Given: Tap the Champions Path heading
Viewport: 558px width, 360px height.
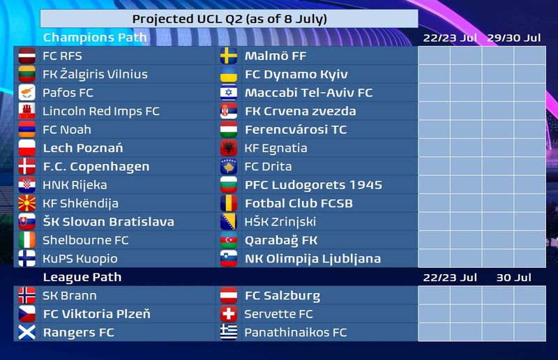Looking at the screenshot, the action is [x=95, y=38].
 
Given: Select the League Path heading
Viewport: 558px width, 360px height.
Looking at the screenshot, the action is [x=82, y=277].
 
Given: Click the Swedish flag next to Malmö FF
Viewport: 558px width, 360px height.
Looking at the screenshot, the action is [x=229, y=56].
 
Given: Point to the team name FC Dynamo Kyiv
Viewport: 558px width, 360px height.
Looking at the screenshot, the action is [x=296, y=75].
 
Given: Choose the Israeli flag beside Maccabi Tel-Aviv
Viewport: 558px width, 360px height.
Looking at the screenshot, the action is [x=229, y=93].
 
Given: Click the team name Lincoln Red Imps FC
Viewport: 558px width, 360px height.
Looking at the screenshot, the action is [x=101, y=111].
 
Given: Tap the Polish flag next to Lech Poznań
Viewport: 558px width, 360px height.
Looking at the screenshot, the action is [x=27, y=148].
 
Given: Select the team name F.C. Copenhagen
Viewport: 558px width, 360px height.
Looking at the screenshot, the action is [x=96, y=167].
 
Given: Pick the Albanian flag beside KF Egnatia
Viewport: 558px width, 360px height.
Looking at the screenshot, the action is [x=229, y=148].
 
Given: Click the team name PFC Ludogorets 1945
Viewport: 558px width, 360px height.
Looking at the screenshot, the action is [x=313, y=185].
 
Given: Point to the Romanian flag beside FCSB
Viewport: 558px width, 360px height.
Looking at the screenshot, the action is [x=229, y=203].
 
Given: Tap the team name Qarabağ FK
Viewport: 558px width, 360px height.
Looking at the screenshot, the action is [x=281, y=241].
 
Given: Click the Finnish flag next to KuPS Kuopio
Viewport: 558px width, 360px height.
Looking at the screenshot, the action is [x=27, y=259].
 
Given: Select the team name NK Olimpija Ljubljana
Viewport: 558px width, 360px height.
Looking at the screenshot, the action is [x=312, y=259].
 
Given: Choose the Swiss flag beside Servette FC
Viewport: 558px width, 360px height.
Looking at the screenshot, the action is [x=229, y=314].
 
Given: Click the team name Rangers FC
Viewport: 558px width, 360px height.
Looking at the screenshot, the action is [x=79, y=333].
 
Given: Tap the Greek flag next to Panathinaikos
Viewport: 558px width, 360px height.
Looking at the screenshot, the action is [x=229, y=333].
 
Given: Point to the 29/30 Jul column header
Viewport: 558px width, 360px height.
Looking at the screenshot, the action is [x=514, y=38].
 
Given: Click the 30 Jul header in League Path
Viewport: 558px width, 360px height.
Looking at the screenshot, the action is [x=514, y=278].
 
